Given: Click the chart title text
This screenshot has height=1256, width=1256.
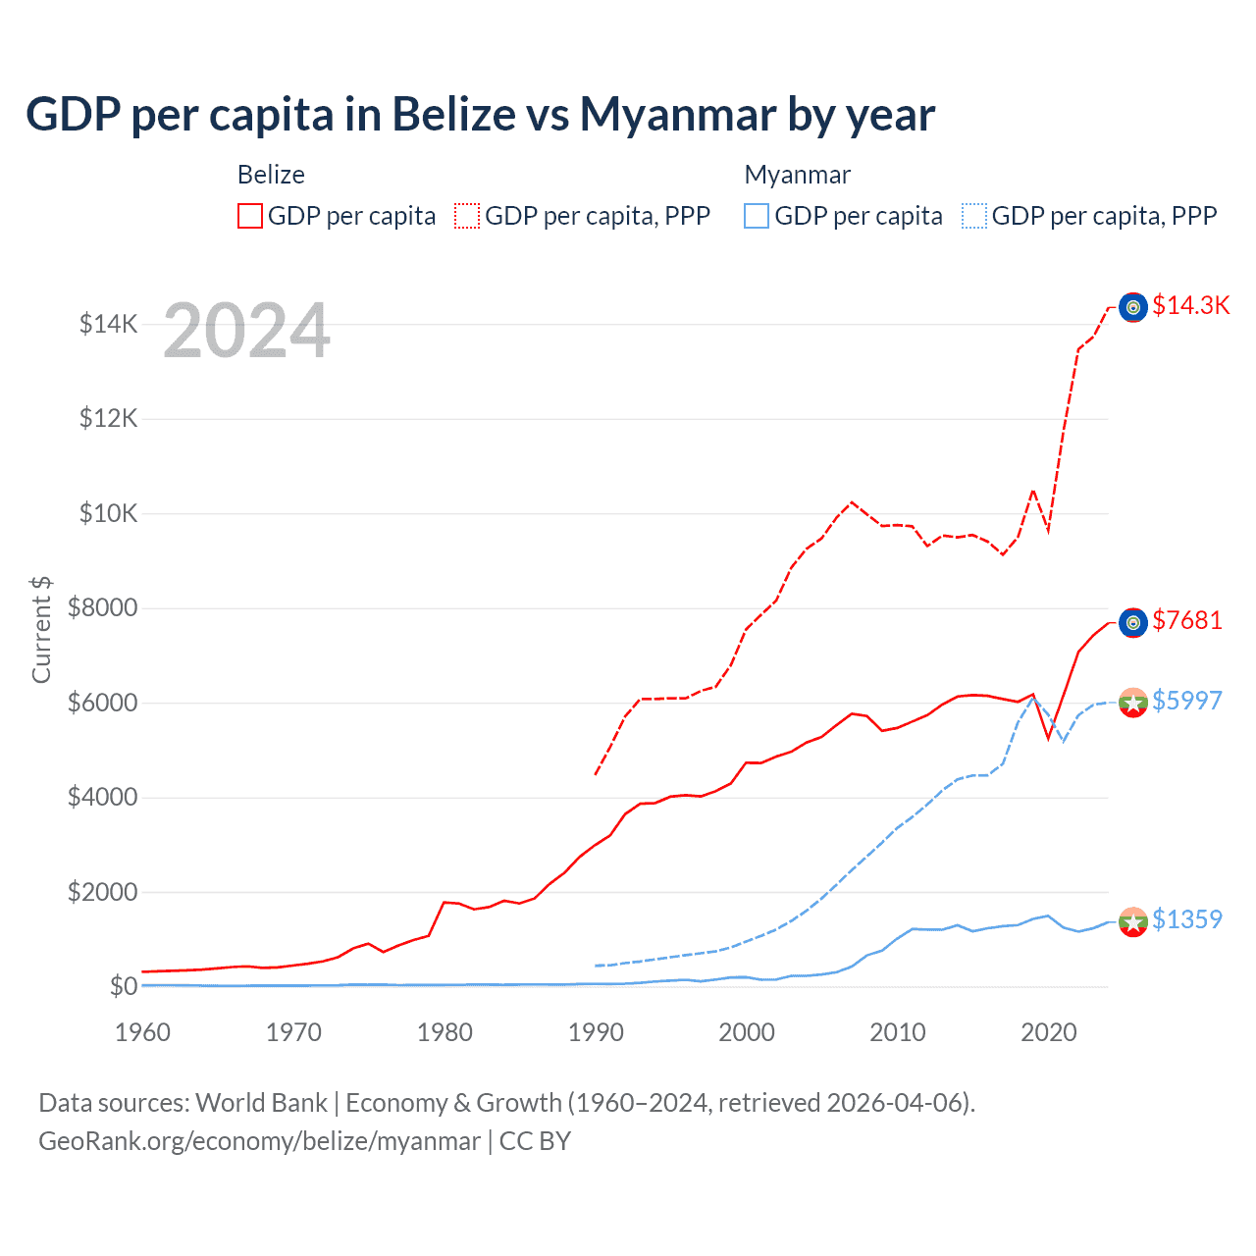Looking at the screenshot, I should pyautogui.click(x=480, y=115).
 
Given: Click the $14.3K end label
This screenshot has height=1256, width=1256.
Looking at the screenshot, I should pyautogui.click(x=1190, y=305).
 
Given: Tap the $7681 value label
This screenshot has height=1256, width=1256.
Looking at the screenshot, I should pyautogui.click(x=1186, y=620).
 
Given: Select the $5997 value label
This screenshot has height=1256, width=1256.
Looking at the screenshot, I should pyautogui.click(x=1186, y=701).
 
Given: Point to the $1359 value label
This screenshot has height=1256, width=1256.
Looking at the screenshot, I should pyautogui.click(x=1186, y=919).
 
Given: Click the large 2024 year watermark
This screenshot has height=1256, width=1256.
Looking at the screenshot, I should pyautogui.click(x=246, y=332).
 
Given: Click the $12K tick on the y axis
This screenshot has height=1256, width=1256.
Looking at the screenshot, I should pyautogui.click(x=108, y=419).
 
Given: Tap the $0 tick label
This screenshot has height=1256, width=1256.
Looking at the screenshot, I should pyautogui.click(x=123, y=986).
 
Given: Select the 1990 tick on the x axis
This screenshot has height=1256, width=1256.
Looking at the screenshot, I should pyautogui.click(x=596, y=1032).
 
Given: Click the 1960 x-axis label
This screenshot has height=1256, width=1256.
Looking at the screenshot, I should pyautogui.click(x=143, y=1032).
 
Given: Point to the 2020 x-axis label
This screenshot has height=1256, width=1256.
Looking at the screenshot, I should pyautogui.click(x=1049, y=1032).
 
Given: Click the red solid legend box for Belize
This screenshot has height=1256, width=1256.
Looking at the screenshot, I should pyautogui.click(x=250, y=216).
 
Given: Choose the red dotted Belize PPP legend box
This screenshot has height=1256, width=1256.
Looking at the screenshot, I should pyautogui.click(x=467, y=216).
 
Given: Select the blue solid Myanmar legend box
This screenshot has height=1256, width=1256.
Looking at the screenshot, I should pyautogui.click(x=757, y=216).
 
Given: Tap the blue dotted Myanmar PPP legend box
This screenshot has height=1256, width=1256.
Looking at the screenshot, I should pyautogui.click(x=974, y=216).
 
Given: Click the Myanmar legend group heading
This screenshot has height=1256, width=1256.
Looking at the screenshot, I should pyautogui.click(x=797, y=175).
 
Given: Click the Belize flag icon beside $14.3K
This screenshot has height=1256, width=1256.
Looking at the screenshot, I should pyautogui.click(x=1133, y=307).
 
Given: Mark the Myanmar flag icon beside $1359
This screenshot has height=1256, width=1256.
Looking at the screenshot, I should pyautogui.click(x=1133, y=921).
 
